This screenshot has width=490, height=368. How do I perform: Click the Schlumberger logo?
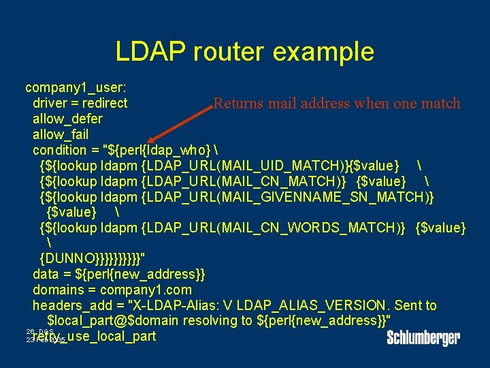coord(423,337)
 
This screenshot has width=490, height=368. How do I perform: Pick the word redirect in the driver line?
coord(104,104)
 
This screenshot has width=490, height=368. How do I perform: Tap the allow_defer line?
coord(67,119)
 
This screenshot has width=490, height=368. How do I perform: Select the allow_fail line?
coord(61,134)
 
